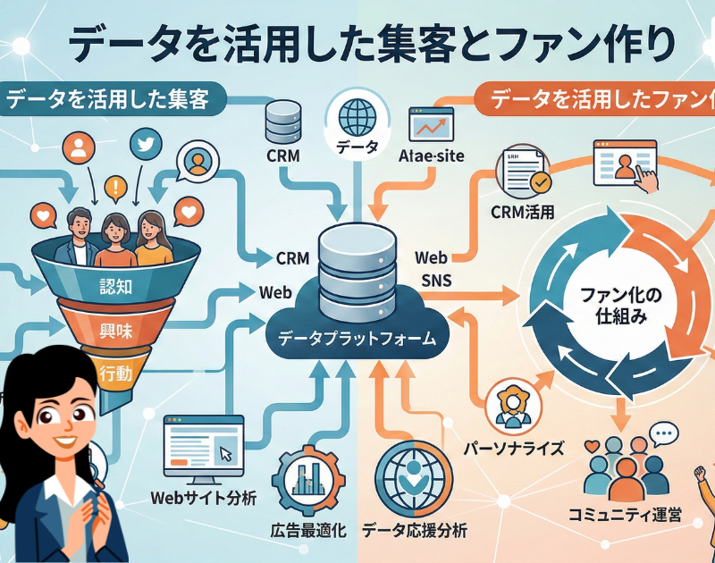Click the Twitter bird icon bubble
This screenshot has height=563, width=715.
(143, 144)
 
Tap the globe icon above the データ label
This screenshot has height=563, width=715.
(357, 116)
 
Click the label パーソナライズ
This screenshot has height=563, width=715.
(513, 447)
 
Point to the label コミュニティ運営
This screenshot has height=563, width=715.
(626, 514)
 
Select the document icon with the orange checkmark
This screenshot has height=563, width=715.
(525, 171)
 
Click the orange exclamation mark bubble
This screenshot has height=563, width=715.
(114, 188)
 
